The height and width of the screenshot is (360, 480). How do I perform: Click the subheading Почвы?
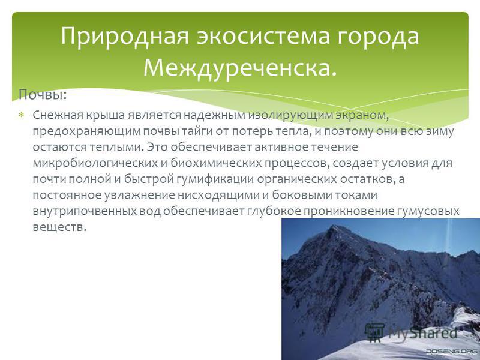tap(43, 95)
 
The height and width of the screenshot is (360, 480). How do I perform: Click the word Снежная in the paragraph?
tap(58, 115)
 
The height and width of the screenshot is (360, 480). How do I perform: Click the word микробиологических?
tap(95, 163)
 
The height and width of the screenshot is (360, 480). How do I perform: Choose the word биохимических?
tap(216, 163)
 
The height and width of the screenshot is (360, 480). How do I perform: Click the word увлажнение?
tap(140, 195)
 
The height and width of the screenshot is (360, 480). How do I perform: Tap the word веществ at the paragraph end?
tap(58, 227)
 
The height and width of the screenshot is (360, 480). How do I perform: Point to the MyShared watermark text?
tap(423, 333)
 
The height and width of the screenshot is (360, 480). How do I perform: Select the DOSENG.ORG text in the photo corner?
tap(452, 352)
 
